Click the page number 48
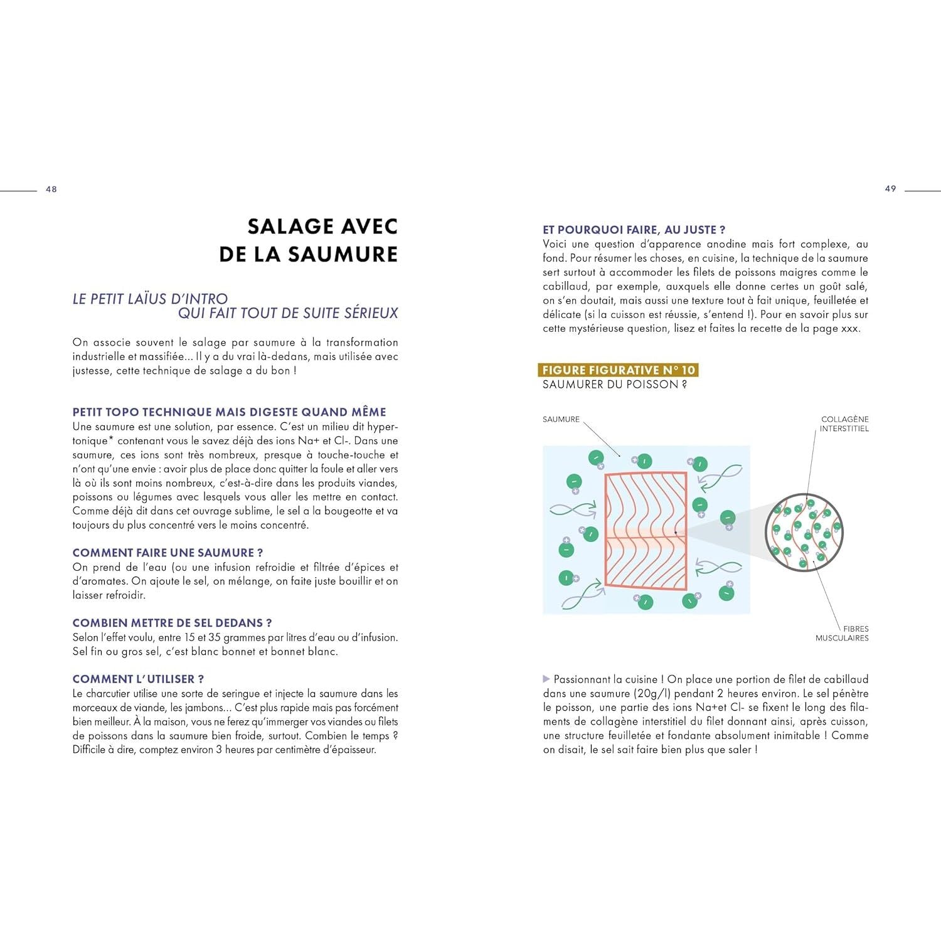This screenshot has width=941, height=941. (x=51, y=189)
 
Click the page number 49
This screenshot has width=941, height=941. (x=890, y=189)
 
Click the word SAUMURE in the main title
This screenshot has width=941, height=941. (x=343, y=254)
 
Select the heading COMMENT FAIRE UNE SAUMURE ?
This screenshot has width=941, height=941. (x=167, y=553)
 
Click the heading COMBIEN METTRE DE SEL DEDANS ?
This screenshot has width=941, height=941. (x=172, y=623)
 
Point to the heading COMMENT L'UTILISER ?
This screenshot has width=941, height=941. (x=138, y=679)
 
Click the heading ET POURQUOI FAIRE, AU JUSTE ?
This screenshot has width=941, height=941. (x=634, y=230)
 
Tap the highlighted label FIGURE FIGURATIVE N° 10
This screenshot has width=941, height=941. (x=619, y=370)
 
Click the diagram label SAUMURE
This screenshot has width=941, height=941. (x=561, y=419)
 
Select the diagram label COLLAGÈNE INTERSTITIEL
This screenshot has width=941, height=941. (x=844, y=424)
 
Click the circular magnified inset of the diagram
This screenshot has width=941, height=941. (x=804, y=533)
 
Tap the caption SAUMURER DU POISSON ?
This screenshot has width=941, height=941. (x=614, y=385)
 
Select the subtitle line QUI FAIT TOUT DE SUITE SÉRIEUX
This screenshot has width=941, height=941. (x=288, y=313)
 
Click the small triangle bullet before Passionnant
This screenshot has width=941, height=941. (x=546, y=679)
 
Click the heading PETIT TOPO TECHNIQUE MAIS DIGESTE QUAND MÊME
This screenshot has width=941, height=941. (x=229, y=412)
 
